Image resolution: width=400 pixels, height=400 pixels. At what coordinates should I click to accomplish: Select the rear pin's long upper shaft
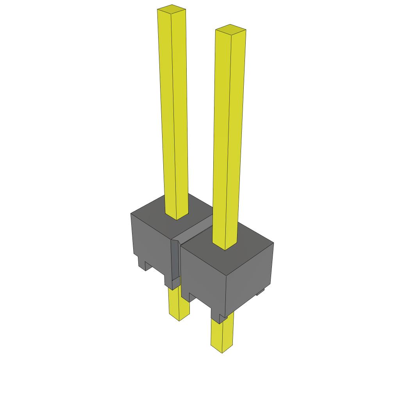(173, 113)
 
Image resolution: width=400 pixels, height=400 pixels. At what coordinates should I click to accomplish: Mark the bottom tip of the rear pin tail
(179, 318)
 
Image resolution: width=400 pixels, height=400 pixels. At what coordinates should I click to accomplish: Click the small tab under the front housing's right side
(260, 291)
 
